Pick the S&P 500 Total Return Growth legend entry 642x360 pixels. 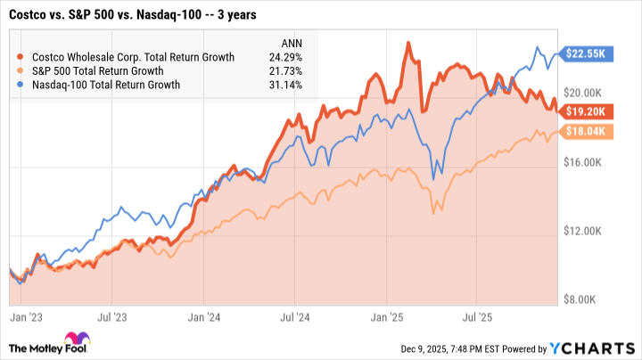(111, 71)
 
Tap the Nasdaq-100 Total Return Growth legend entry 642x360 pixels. (117, 86)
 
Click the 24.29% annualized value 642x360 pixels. (284, 57)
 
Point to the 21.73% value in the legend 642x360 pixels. (284, 71)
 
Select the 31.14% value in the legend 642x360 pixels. (284, 86)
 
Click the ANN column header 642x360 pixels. (291, 43)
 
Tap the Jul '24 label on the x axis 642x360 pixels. (294, 316)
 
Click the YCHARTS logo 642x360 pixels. (598, 348)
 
